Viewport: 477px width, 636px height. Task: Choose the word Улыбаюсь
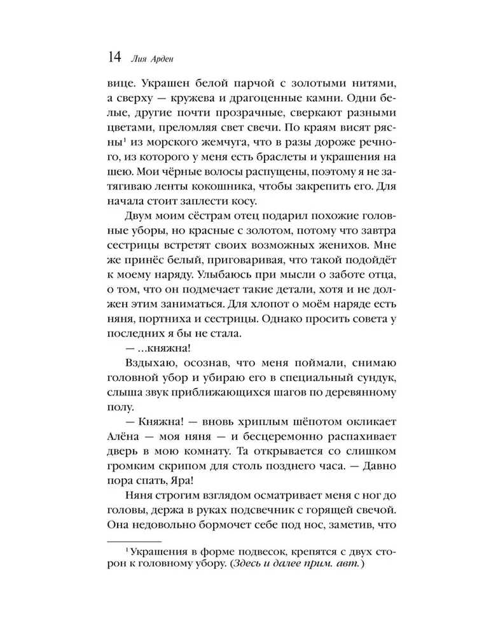[219, 276]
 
